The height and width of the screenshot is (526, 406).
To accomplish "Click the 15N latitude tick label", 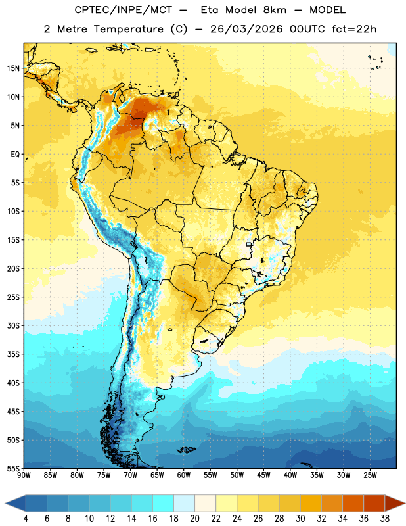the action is coord(13,68).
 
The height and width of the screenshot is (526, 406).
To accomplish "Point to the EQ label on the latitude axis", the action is coord(15,155).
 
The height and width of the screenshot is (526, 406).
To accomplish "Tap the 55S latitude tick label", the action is coord(13,469).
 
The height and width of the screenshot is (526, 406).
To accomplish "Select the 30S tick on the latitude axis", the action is coord(13,325).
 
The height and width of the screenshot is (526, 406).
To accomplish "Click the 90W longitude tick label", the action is coord(24,475).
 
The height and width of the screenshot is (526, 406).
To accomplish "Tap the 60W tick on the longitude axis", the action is coord(184,475).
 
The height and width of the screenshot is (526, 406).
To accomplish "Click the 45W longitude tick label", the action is coord(263,475).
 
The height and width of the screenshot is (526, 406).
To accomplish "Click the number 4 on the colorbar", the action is coord(26,519).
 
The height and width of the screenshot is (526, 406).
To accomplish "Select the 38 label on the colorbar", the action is coord(385,519).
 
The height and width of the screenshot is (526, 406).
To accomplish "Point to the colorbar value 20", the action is coord(194,519).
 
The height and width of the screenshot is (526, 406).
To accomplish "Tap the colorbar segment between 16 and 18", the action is coord(164,503).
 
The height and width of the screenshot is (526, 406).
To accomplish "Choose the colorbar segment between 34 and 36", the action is coord(353,503).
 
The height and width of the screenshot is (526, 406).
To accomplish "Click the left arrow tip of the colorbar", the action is coord(5,503).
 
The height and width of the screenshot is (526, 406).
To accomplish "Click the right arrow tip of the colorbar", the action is coord(405,503).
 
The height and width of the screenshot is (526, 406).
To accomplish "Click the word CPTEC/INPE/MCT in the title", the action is coord(124,10).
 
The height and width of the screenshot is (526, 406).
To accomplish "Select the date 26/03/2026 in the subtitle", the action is coord(246,29).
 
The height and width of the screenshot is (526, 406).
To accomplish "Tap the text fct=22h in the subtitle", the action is coord(354,29).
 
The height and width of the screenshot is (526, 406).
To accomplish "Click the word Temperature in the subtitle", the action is coord(128,29).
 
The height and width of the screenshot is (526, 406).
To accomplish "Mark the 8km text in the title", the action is coord(275,10).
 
